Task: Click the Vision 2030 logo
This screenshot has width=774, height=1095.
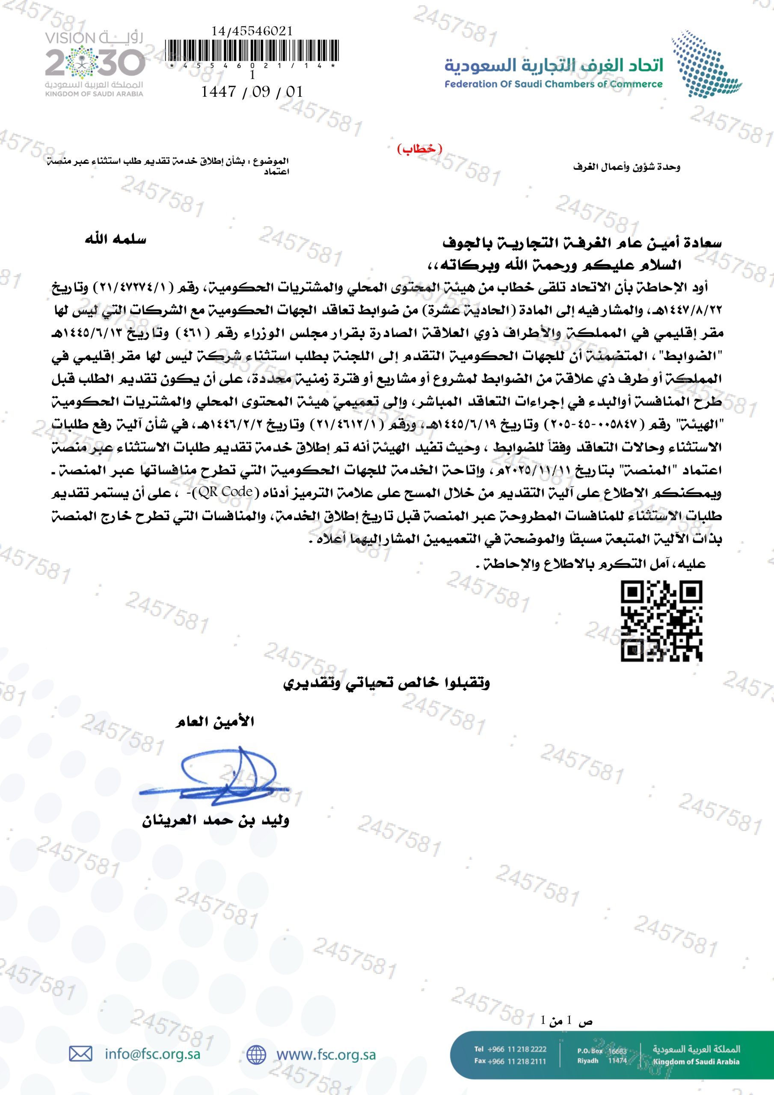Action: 95,63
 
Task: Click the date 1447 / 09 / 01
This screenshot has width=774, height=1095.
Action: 252,92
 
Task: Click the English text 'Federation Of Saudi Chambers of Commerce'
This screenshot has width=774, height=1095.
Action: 554,84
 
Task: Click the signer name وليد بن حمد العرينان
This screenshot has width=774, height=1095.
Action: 216,821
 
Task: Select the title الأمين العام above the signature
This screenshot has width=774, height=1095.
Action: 214,722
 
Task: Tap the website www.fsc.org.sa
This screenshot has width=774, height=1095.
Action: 326,1054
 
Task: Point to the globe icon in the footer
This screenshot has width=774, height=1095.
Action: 256,1054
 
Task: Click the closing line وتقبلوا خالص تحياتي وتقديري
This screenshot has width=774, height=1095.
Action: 386,683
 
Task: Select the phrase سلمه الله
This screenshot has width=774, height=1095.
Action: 116,240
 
